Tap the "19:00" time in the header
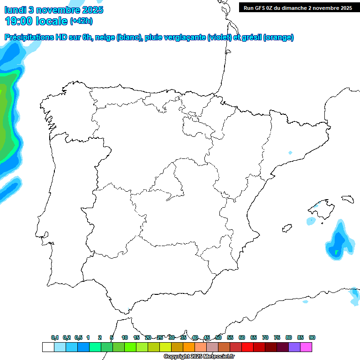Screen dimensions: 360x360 (18, 21)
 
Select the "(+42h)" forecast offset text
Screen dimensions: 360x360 (81, 21)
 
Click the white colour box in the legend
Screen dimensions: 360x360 (48, 347)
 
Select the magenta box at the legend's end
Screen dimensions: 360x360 (306, 347)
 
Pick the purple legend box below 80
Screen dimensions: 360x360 (294, 347)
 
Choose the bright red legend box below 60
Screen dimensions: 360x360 (247, 347)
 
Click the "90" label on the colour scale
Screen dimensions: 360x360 (312, 337)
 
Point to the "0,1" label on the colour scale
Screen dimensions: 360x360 (55, 337)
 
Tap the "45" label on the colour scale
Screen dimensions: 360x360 (207, 337)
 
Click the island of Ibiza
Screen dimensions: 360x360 (286, 228)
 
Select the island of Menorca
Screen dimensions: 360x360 (347, 199)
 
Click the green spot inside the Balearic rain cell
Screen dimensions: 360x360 (336, 253)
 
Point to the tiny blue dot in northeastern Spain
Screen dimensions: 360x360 (290, 153)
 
